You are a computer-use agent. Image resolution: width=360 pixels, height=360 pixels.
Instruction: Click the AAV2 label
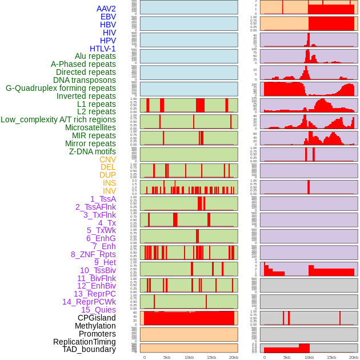(106, 9)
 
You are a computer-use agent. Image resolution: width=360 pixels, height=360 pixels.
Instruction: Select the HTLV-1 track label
(102, 49)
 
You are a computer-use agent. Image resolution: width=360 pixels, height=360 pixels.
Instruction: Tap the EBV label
(108, 17)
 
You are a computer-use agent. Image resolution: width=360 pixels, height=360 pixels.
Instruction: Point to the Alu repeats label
(95, 56)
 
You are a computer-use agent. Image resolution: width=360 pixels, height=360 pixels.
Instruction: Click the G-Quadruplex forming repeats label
(61, 88)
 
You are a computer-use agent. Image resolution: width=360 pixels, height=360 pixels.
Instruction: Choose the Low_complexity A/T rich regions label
(58, 119)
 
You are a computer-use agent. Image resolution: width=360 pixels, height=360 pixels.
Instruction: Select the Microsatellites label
(90, 127)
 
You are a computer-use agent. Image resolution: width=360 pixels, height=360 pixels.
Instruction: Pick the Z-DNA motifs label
(92, 151)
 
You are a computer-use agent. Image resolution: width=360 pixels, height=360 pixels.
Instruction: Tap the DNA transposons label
(85, 80)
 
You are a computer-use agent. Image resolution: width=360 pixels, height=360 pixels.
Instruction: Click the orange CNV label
(107, 159)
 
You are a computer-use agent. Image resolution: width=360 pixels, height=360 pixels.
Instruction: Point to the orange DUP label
(107, 175)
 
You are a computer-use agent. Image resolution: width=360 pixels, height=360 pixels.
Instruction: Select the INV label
(109, 191)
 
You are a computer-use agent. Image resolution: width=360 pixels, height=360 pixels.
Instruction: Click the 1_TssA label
(103, 199)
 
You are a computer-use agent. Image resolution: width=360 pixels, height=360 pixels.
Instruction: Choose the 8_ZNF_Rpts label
(93, 254)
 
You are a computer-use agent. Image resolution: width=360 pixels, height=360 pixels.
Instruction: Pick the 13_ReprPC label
(94, 294)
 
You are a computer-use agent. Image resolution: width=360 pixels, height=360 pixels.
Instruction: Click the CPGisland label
(97, 318)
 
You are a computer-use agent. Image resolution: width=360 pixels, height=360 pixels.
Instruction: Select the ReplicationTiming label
(84, 342)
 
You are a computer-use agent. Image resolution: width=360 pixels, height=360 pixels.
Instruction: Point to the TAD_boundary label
(89, 349)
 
